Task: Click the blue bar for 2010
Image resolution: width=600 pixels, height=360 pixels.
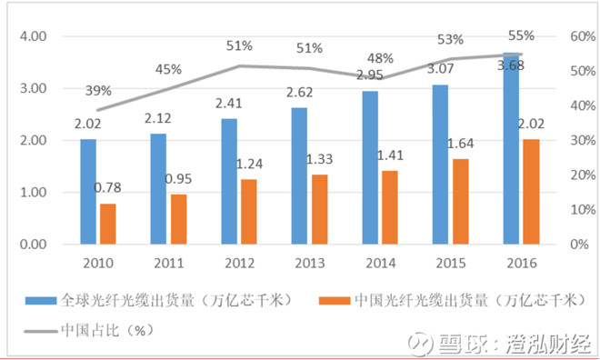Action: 88,192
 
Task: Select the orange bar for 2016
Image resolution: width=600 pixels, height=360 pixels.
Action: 532,192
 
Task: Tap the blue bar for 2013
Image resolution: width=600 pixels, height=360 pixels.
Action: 300,175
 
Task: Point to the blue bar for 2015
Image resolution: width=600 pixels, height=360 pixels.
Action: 441,165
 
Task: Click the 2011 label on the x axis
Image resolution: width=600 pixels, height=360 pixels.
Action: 168,263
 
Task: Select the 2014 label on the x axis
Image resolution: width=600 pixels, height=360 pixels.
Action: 380,263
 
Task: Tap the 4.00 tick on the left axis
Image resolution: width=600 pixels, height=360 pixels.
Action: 33,36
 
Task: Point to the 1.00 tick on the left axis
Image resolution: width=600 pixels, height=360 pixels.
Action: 33,193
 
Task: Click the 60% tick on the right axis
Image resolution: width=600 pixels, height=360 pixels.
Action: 556,36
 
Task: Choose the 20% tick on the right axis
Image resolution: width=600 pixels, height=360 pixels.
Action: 556,175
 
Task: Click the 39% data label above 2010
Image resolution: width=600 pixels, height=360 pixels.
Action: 99,90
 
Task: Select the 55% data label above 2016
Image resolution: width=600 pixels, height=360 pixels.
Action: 521,35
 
